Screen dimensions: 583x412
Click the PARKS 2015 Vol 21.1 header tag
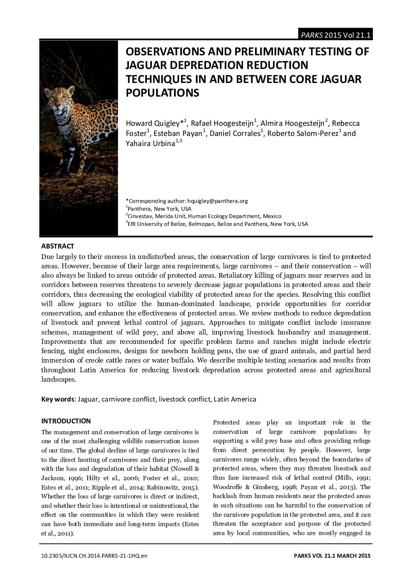coord(335,35)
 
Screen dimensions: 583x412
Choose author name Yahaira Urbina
coord(150,143)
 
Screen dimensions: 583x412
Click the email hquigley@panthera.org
coord(218,201)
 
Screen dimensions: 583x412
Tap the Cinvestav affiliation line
coord(204,216)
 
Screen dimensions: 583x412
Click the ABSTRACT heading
coord(58,246)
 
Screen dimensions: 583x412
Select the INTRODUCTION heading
coord(66,421)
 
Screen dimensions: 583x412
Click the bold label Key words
coord(58,399)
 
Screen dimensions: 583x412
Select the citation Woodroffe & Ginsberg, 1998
coord(252,487)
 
